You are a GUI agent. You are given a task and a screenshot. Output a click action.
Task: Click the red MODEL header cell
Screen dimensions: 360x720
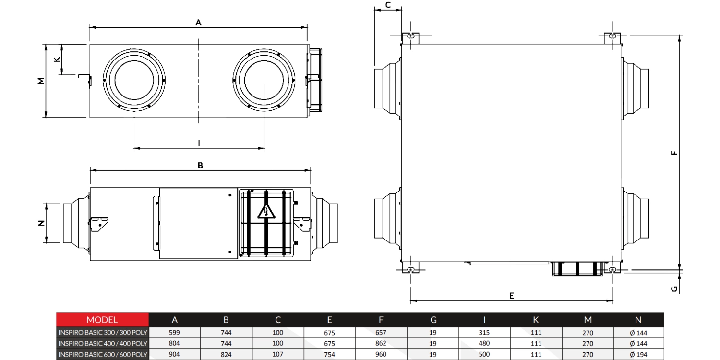[102, 320]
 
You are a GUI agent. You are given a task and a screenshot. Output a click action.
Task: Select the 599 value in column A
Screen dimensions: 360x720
[175, 332]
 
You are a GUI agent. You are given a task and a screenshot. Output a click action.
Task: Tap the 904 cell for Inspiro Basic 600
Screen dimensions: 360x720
[175, 355]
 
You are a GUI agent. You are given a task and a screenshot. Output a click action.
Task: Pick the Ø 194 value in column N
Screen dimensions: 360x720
[638, 355]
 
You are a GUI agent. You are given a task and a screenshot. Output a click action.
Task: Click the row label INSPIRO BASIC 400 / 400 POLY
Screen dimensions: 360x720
[103, 343]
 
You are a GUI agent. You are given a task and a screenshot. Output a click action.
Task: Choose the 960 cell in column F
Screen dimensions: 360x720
[381, 355]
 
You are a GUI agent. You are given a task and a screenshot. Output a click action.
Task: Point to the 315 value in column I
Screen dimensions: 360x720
[484, 332]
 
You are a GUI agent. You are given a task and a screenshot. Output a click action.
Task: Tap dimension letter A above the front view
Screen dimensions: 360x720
[198, 22]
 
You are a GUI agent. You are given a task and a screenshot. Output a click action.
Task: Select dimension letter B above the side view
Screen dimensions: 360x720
[201, 165]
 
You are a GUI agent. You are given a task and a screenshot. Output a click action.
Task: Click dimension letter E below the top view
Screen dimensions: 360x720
[512, 296]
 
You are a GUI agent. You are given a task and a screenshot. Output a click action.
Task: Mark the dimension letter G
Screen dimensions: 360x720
[674, 288]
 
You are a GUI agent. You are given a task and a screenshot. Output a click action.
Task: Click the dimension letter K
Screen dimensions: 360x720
[57, 59]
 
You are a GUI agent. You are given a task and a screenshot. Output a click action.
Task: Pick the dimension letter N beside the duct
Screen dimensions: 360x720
[41, 223]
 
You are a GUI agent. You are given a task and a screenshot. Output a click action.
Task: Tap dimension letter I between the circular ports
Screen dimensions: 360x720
[199, 143]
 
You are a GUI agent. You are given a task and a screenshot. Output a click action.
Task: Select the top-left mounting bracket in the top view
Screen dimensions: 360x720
[410, 36]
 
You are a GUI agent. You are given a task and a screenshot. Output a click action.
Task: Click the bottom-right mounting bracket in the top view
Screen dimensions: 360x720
[612, 269]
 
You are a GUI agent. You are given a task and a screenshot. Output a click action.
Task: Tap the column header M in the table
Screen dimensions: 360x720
[588, 320]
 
